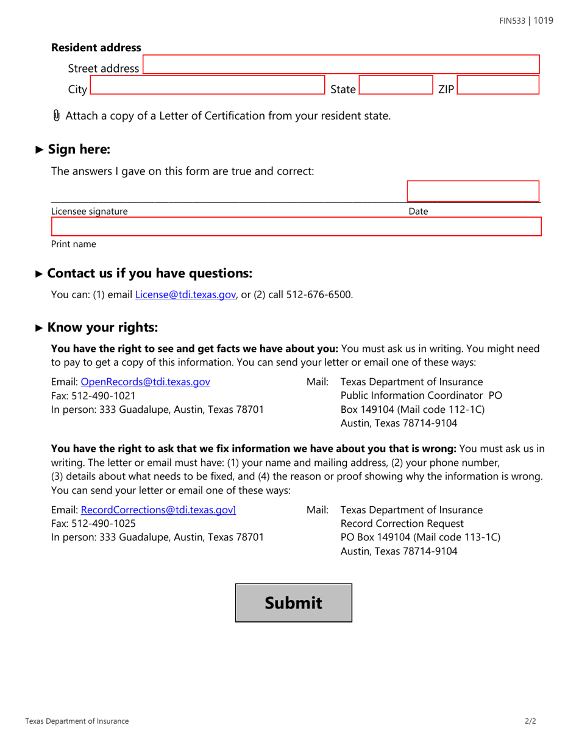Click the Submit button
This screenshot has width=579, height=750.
point(293,603)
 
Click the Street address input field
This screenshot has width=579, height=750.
point(341,65)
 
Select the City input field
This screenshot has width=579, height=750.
point(207,85)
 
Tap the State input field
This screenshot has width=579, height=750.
point(396,85)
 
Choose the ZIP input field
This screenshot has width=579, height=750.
point(498,85)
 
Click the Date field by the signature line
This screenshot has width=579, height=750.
point(473,191)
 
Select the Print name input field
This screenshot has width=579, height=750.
point(296,227)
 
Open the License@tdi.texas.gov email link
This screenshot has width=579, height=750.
point(185,295)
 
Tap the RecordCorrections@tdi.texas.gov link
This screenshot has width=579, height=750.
point(158,510)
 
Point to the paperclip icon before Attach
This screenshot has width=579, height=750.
point(57,115)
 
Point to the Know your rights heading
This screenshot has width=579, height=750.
point(102,327)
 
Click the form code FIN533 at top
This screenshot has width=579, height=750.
point(512,21)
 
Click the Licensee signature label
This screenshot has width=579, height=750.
point(90,212)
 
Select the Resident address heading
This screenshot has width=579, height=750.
point(96,48)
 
